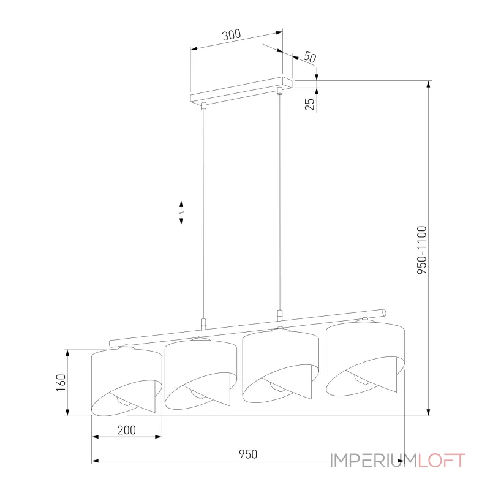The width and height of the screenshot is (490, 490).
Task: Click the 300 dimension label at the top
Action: click(x=231, y=36)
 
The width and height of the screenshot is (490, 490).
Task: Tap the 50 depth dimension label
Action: click(x=309, y=57)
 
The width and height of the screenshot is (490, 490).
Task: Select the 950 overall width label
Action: click(x=247, y=454)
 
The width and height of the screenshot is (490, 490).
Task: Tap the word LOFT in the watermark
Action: click(x=442, y=460)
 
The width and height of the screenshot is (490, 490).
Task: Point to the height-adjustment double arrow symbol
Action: click(x=181, y=213)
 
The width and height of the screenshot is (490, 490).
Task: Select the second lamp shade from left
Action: click(x=200, y=374)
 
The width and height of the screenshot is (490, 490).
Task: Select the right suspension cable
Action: click(x=280, y=202)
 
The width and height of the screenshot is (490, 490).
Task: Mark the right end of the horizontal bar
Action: click(x=383, y=311)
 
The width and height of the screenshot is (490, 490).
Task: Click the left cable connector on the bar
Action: click(x=204, y=324)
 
